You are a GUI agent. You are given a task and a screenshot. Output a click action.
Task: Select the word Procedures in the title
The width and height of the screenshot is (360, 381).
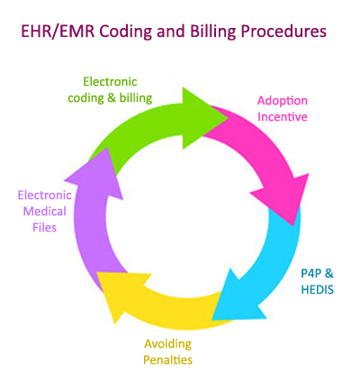[x=283, y=32]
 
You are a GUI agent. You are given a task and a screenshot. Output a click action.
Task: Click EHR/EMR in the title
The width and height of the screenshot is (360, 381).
[x=58, y=32]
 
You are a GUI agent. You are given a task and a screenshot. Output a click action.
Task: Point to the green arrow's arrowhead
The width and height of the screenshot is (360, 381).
[x=200, y=118]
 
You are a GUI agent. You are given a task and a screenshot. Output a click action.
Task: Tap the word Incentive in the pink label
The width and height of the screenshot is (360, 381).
[x=283, y=116]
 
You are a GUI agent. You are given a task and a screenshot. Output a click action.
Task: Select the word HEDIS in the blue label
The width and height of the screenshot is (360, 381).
[x=318, y=290]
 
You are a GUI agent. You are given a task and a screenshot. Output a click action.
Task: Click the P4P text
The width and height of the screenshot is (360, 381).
[x=310, y=274]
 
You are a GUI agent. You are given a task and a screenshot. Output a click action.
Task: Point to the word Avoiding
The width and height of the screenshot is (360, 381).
[x=167, y=344]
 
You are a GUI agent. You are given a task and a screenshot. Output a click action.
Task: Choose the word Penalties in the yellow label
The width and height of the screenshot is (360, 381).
[x=167, y=359]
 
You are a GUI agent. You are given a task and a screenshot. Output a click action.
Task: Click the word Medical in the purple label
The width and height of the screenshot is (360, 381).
[x=45, y=212]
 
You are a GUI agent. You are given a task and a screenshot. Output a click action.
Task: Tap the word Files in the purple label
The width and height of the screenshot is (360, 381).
[x=45, y=227]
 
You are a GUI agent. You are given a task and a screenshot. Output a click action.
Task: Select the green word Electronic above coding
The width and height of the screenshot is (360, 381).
[x=110, y=81]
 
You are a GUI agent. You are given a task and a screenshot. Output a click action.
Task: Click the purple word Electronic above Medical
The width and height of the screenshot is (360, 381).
[x=45, y=195]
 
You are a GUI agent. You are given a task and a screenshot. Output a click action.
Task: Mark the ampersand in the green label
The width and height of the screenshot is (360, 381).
[x=111, y=98]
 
